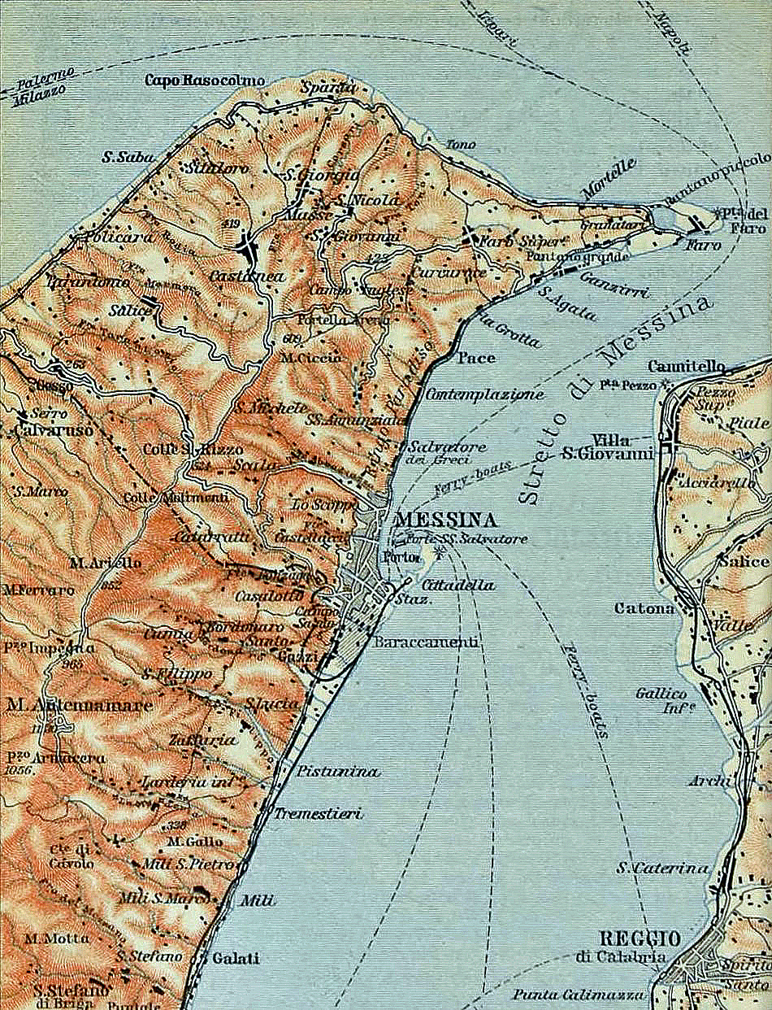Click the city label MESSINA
(446, 520)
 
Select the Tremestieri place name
(318, 813)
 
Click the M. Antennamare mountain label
(78, 705)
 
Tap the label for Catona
(644, 607)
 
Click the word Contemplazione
(484, 394)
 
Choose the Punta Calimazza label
(579, 995)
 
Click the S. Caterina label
(662, 868)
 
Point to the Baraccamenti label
(426, 642)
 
